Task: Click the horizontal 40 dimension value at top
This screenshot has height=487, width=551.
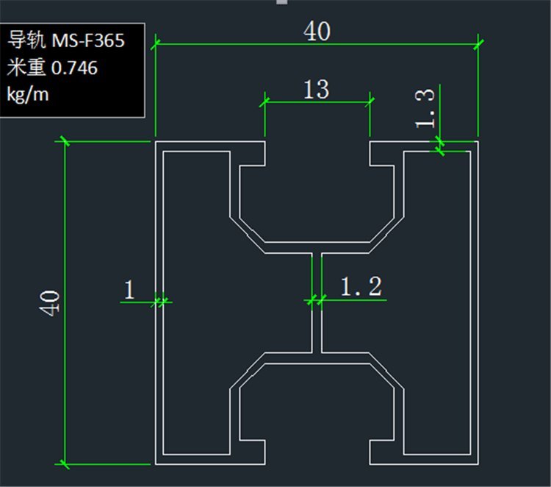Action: tap(317, 31)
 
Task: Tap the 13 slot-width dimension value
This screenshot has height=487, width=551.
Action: tap(316, 89)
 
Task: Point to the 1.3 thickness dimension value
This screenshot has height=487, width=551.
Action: tap(428, 107)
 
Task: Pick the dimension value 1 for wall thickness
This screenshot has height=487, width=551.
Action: tap(129, 290)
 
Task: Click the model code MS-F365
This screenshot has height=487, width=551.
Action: tap(88, 40)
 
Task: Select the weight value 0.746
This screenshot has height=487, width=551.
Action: tap(74, 68)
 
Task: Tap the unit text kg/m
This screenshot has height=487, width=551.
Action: tap(27, 95)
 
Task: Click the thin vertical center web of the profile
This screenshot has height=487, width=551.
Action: tap(317, 302)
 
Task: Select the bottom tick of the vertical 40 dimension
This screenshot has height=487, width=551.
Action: tap(64, 464)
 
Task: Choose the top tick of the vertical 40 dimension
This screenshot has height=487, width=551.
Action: tap(64, 141)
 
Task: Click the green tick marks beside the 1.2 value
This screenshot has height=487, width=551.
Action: tap(316, 300)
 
